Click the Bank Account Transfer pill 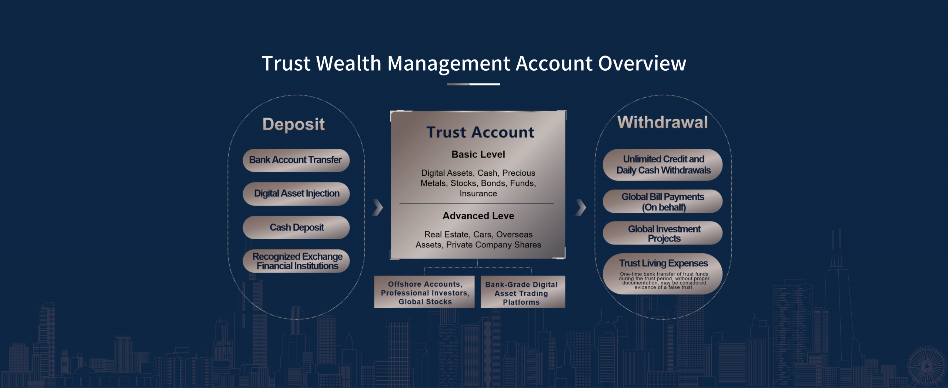[x=296, y=160]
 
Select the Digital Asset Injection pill [x=296, y=194]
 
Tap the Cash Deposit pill [x=296, y=227]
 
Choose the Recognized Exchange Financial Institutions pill [x=296, y=261]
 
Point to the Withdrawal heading [x=662, y=122]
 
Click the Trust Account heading [x=480, y=132]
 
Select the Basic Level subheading [x=478, y=154]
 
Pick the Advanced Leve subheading [x=478, y=216]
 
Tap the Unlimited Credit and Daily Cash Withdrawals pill [x=662, y=165]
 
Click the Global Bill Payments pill [x=662, y=202]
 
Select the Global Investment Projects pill [x=662, y=233]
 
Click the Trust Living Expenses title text [x=664, y=263]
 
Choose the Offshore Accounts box [x=424, y=292]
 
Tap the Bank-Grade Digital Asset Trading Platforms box [x=523, y=292]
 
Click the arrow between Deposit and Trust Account [x=378, y=207]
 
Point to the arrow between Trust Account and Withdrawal [x=581, y=207]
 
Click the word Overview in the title [x=642, y=63]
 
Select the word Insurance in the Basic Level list [x=478, y=193]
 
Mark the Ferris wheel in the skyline [x=927, y=366]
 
